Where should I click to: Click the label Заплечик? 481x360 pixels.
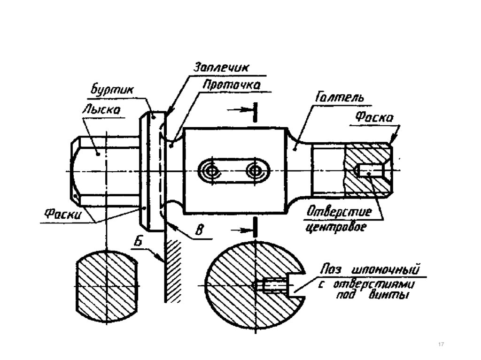(x=222, y=67)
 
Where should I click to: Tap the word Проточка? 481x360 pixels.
(x=232, y=84)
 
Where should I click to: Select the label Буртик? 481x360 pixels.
(x=112, y=90)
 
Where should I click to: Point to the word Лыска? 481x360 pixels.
(x=101, y=109)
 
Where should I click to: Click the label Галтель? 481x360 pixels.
(x=340, y=98)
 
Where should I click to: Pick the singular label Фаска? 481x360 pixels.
(x=374, y=117)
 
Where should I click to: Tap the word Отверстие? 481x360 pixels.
(x=339, y=212)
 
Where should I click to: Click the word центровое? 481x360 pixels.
(x=336, y=227)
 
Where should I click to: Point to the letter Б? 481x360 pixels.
(x=139, y=241)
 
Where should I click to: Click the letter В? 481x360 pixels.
(x=199, y=230)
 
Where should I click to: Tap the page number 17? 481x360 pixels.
(x=441, y=345)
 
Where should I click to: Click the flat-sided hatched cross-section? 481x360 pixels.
(x=106, y=286)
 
